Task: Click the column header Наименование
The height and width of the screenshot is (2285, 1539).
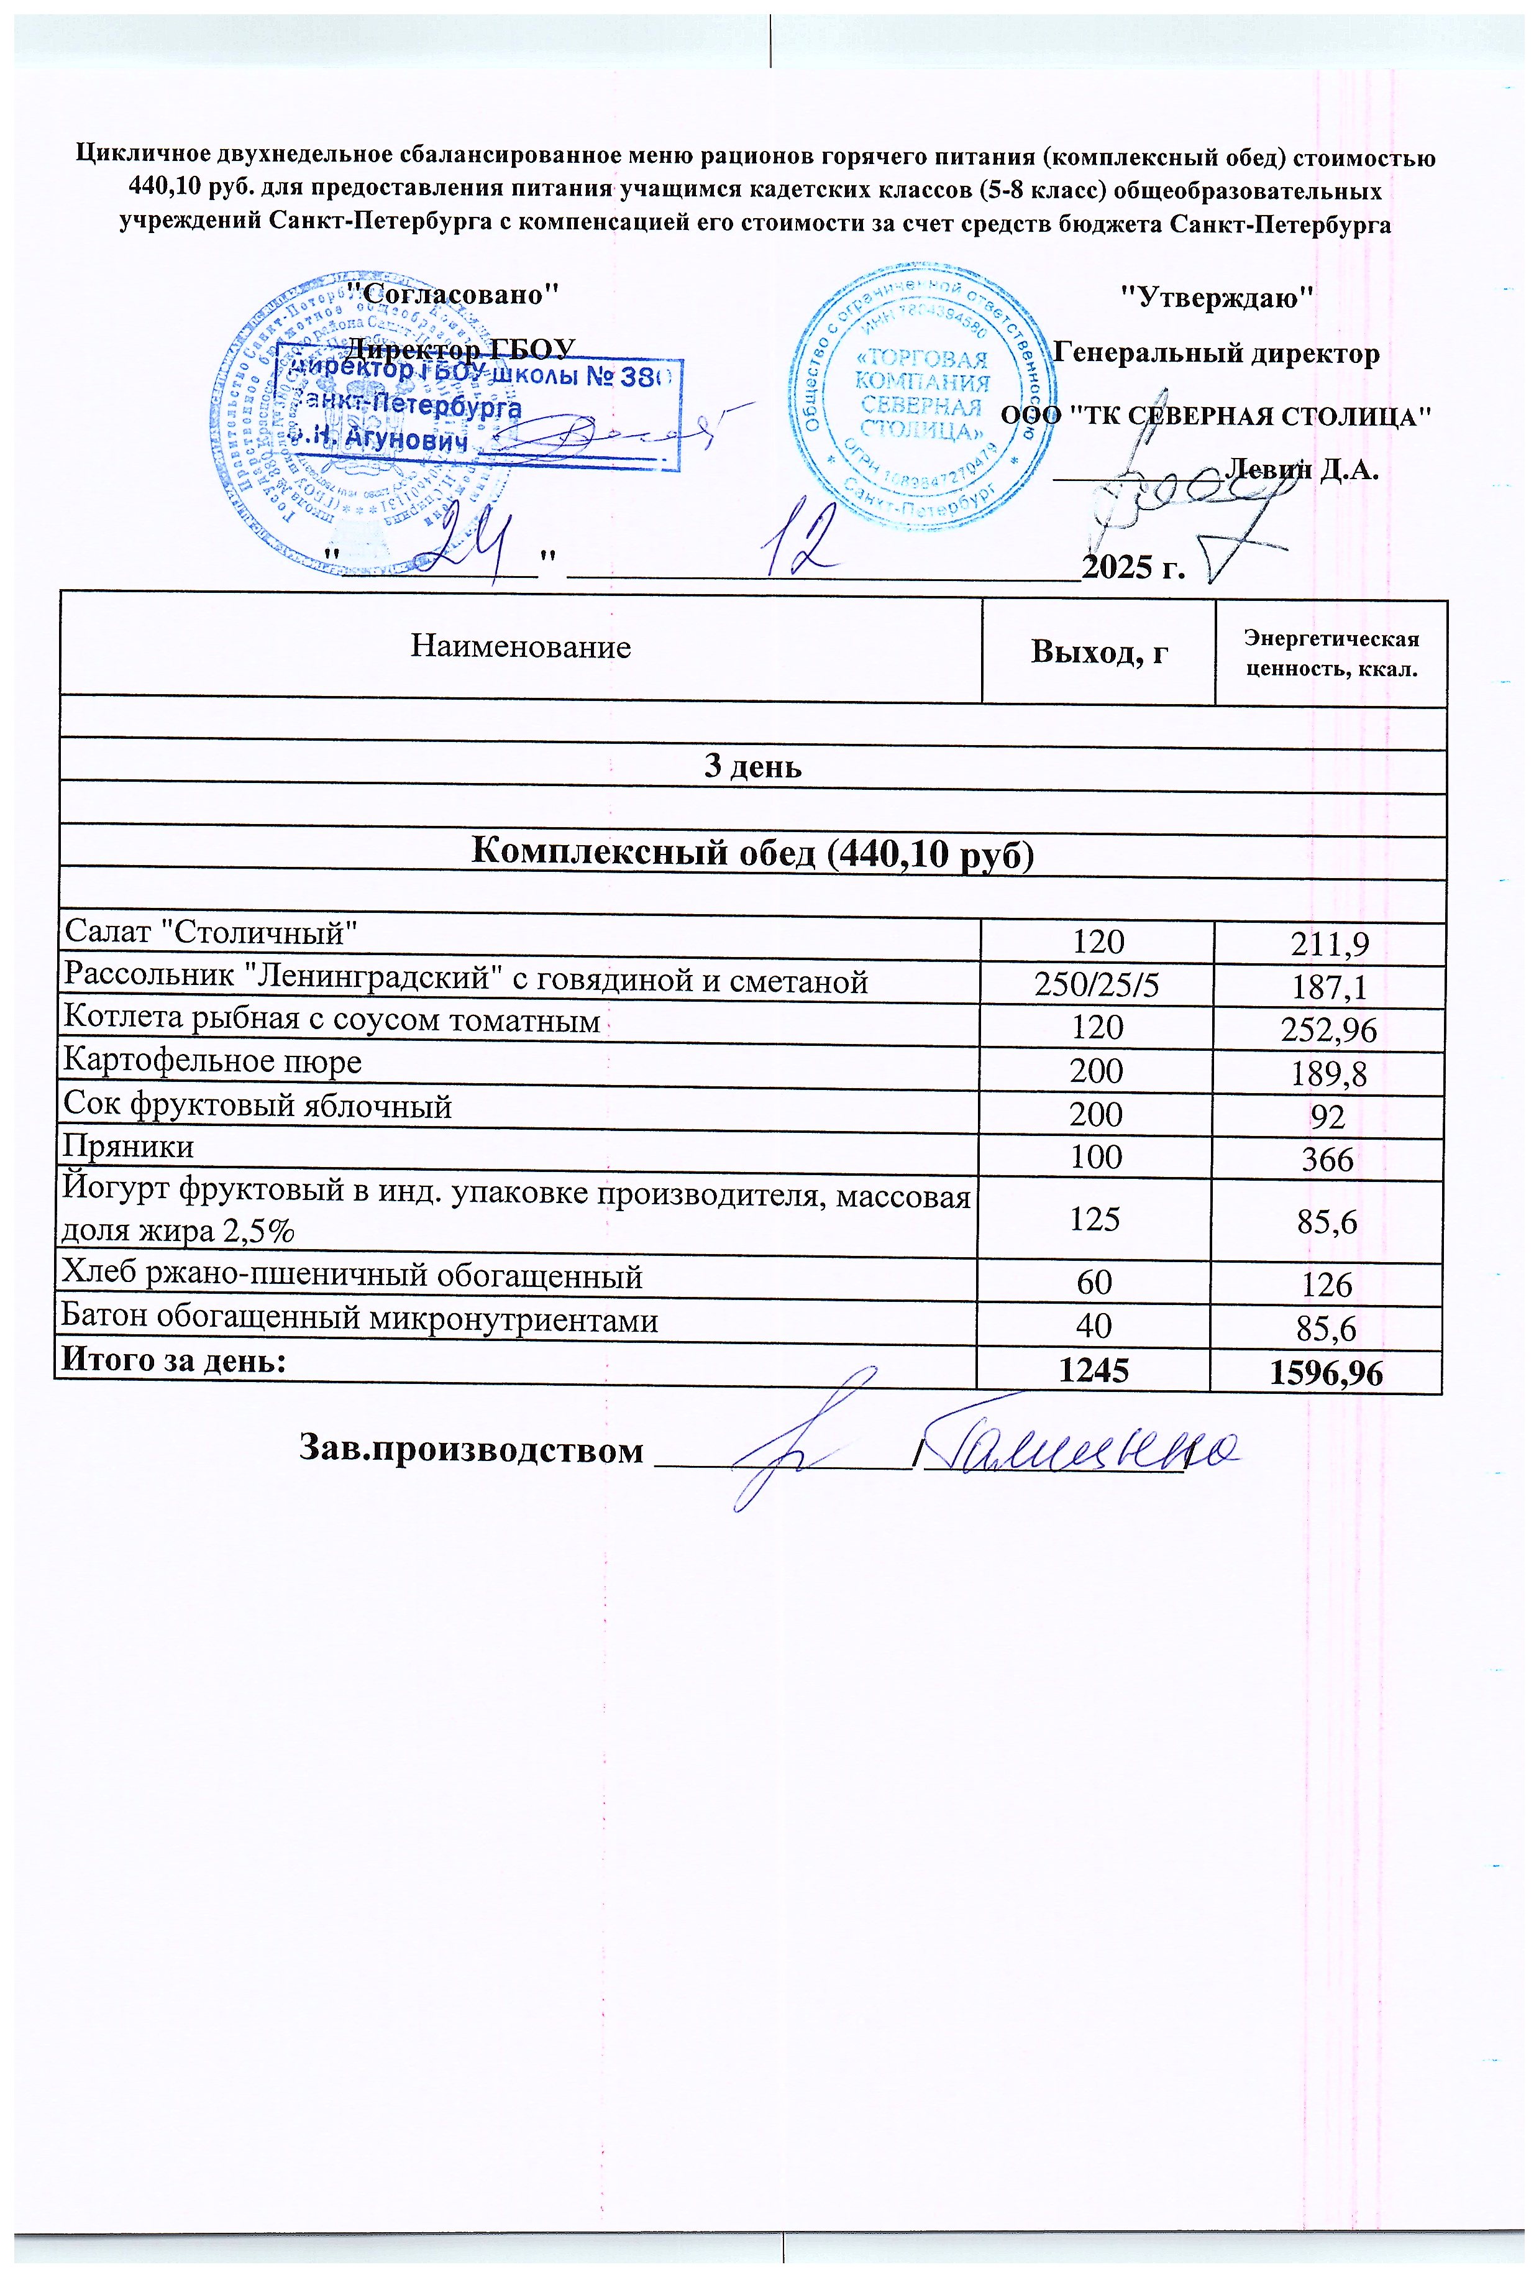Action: pyautogui.click(x=520, y=647)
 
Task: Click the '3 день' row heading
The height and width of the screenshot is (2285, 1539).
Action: pyautogui.click(x=753, y=767)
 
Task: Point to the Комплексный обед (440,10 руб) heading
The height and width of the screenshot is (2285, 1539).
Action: pyautogui.click(x=753, y=853)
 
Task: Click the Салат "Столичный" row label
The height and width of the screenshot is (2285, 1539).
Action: pyautogui.click(x=209, y=930)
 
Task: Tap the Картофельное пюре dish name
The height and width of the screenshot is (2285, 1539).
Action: pyautogui.click(x=212, y=1061)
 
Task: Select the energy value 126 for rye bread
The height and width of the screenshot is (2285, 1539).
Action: pyautogui.click(x=1327, y=1285)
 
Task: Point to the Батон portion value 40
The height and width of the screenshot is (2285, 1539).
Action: pyautogui.click(x=1094, y=1326)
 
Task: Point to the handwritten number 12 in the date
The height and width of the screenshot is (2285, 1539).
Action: pyautogui.click(x=802, y=538)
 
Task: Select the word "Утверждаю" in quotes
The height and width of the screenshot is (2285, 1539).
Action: pyautogui.click(x=1216, y=295)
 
